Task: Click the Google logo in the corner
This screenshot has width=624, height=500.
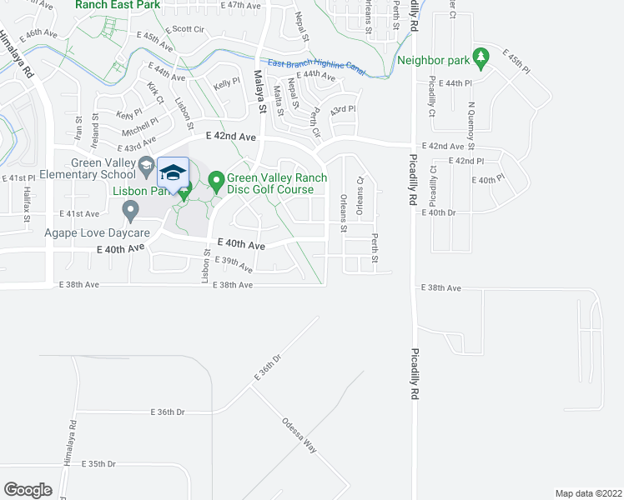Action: tap(28, 489)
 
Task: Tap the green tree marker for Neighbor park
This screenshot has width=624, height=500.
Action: tap(480, 57)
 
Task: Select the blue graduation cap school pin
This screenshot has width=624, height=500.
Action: tap(173, 173)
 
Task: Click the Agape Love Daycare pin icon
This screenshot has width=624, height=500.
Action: tap(130, 213)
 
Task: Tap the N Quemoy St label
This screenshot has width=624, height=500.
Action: tap(471, 120)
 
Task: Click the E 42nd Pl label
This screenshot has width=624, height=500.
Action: tap(465, 160)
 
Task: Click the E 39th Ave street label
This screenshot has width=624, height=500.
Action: tap(234, 264)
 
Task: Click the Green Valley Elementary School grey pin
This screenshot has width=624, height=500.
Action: tap(146, 163)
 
